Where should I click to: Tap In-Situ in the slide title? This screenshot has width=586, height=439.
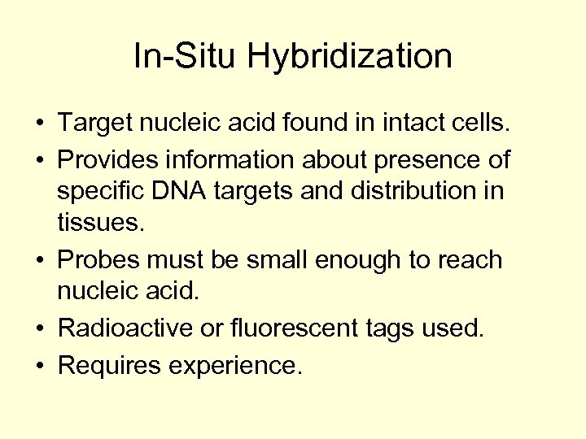pos(186,57)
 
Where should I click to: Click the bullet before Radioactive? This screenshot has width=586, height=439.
pos(39,328)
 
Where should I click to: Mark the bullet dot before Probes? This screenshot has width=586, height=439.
pos(39,261)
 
